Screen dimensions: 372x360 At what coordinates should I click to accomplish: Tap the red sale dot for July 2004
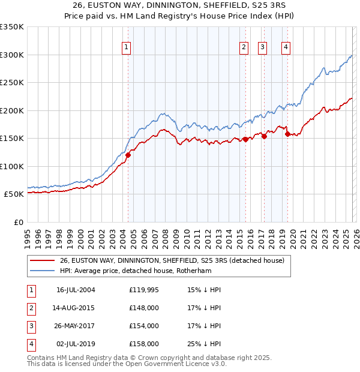pyautogui.click(x=128, y=155)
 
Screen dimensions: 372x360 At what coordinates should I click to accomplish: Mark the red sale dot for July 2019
pyautogui.click(x=287, y=134)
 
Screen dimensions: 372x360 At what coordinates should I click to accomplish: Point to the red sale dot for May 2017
pyautogui.click(x=264, y=136)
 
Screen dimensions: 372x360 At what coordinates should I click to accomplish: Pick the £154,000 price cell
pyautogui.click(x=144, y=326)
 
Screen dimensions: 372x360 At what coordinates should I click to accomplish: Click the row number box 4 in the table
pyautogui.click(x=31, y=344)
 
